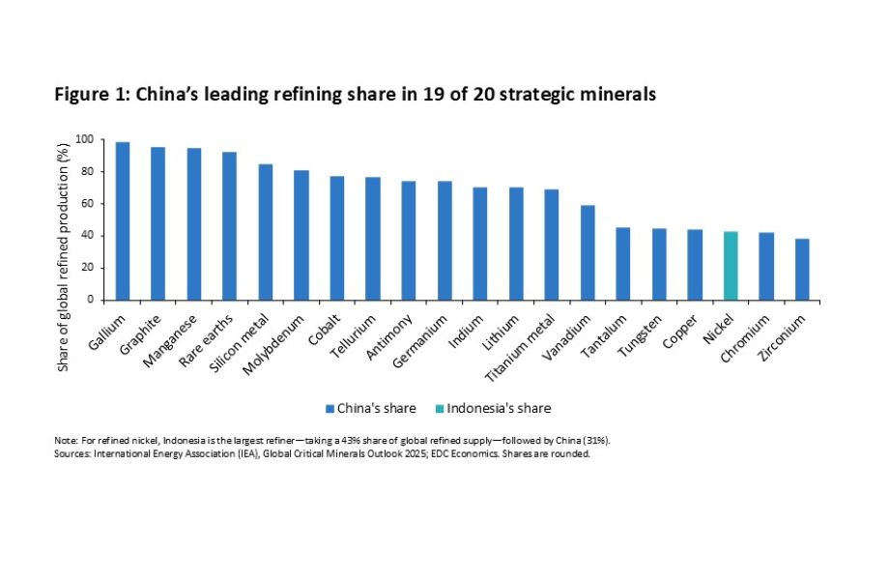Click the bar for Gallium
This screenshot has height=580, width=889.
pyautogui.click(x=123, y=221)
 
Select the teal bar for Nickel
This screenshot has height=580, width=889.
pyautogui.click(x=731, y=266)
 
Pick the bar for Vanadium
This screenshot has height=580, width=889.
pyautogui.click(x=587, y=252)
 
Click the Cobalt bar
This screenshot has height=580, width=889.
pyautogui.click(x=337, y=238)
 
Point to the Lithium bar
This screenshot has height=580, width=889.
pyautogui.click(x=516, y=244)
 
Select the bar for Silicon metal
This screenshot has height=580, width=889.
pyautogui.click(x=266, y=232)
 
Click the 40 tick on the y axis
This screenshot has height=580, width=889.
pyautogui.click(x=88, y=236)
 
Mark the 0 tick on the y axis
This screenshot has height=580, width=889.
pyautogui.click(x=91, y=300)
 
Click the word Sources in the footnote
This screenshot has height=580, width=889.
pyautogui.click(x=72, y=452)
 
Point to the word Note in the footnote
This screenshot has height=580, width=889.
pyautogui.click(x=65, y=441)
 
